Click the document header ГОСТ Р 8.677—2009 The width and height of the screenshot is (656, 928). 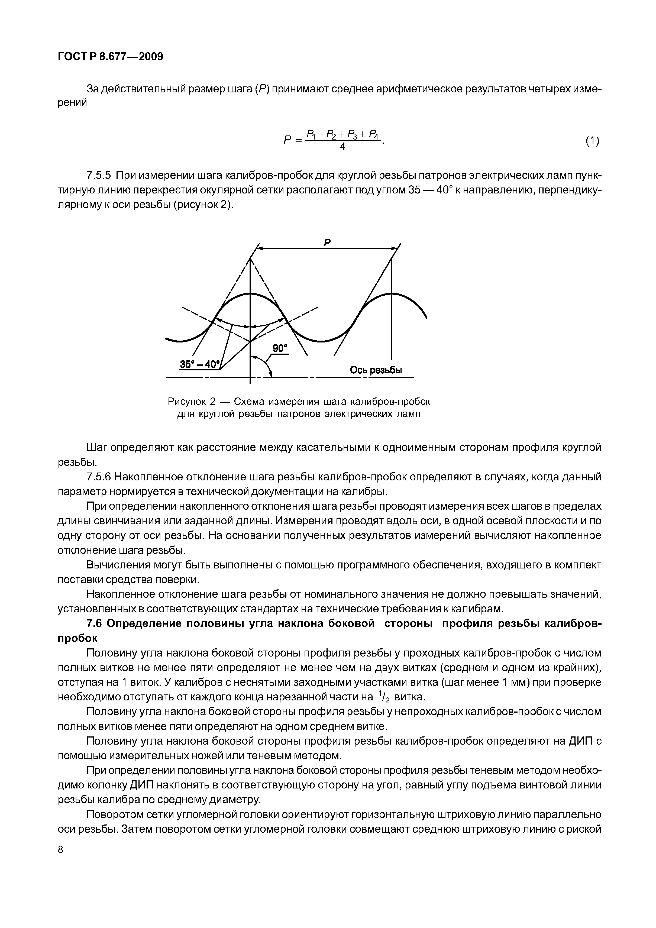(110, 57)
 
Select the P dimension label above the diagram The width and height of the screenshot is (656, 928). (327, 242)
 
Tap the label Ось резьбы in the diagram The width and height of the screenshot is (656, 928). (376, 370)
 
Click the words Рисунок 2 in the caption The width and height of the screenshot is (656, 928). (190, 402)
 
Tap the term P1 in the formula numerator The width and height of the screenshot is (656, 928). (311, 133)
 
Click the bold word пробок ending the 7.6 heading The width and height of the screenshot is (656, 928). (77, 638)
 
